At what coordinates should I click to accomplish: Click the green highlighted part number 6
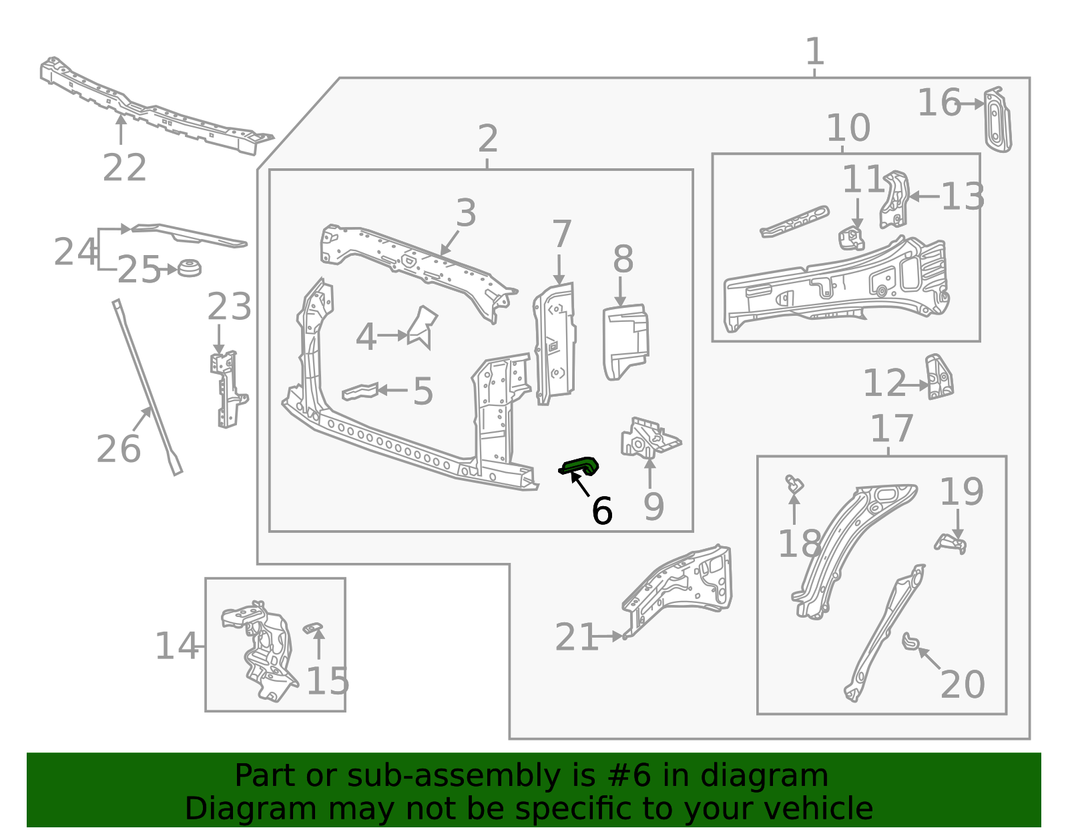coord(580,465)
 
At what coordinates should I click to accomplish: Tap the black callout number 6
coord(601,511)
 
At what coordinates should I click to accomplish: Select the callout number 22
coord(124,168)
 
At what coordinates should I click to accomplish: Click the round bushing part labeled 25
coord(189,267)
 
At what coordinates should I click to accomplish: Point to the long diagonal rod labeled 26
coord(147,387)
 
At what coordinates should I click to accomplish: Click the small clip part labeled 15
coord(312,628)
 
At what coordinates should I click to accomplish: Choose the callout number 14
coord(176,646)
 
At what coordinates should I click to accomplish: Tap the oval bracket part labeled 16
coord(997,120)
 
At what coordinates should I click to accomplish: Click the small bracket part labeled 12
coord(939,378)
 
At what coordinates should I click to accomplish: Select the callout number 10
coord(848,128)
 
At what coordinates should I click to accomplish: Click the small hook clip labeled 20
coord(910,641)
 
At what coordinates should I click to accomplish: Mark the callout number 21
coord(576,637)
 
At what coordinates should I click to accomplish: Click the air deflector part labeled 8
coord(625,341)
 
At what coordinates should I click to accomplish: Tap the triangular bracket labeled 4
coord(422,327)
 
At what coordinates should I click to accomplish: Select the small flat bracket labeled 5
coord(360,391)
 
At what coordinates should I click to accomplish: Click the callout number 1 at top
coord(814,51)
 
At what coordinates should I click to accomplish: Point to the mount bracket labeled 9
coord(649,438)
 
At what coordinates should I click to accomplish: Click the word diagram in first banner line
coord(788,776)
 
